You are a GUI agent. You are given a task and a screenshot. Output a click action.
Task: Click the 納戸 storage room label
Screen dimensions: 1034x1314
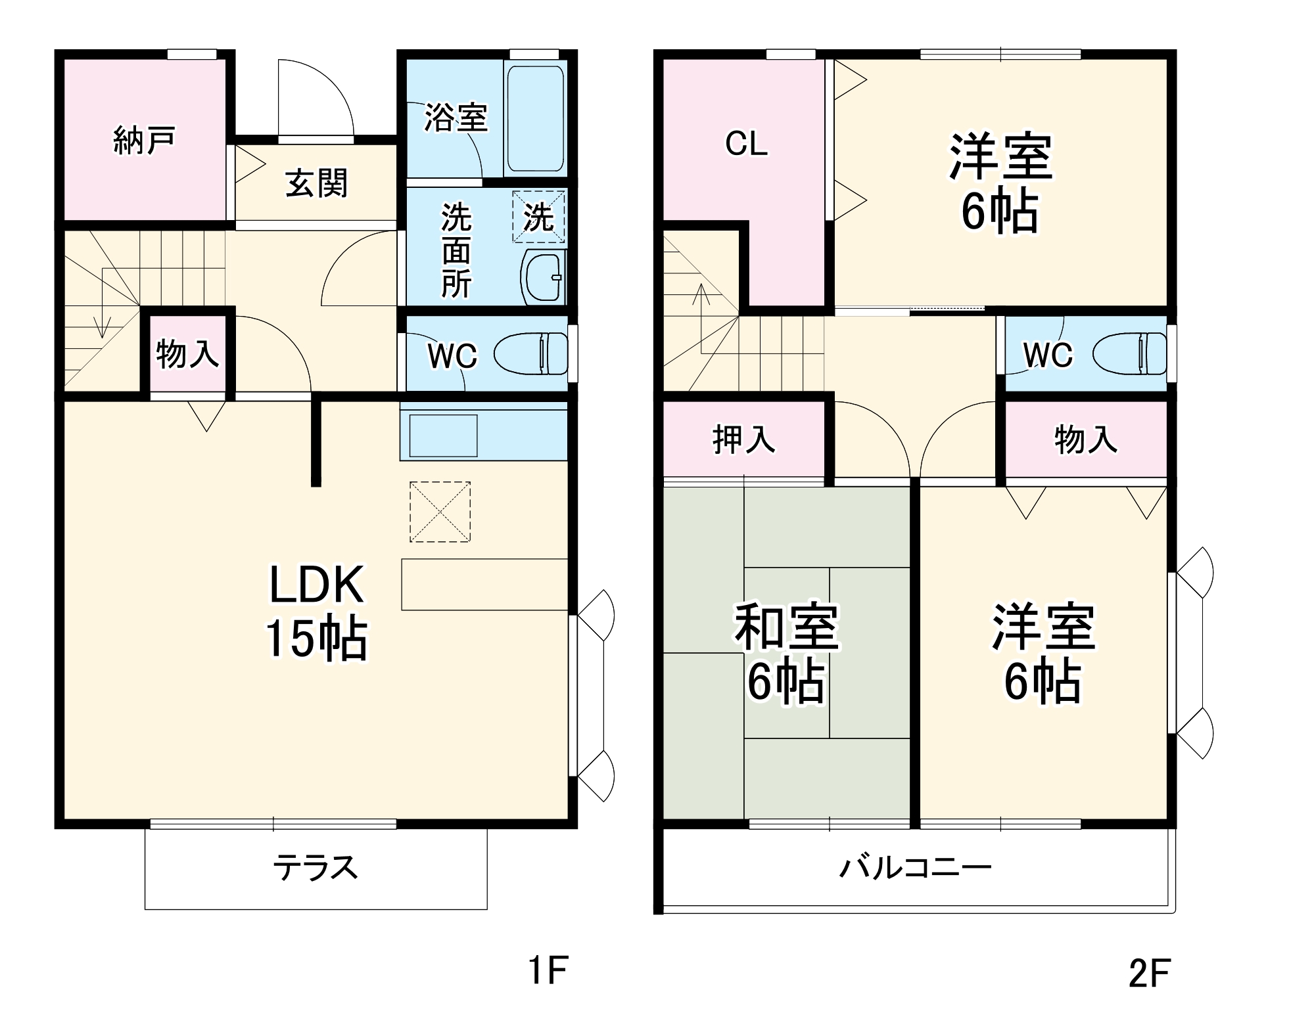[144, 141]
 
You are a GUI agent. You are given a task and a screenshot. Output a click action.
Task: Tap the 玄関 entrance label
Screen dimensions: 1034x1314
[316, 183]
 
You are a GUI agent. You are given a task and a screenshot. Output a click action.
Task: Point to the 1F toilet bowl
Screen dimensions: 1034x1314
[530, 354]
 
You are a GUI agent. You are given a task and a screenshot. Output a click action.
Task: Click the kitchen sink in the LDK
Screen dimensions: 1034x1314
[443, 436]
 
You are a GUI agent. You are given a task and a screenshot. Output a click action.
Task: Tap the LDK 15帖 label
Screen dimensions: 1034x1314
[316, 612]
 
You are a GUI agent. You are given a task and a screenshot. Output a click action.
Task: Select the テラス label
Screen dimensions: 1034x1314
[316, 868]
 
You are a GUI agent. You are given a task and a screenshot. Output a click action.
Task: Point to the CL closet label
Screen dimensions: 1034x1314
[746, 143]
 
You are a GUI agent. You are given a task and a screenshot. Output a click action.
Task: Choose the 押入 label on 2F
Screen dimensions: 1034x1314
[743, 439]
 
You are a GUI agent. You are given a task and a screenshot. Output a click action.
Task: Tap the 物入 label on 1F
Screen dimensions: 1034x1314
[187, 354]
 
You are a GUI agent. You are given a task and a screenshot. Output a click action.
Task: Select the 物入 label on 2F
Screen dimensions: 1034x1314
[1085, 439]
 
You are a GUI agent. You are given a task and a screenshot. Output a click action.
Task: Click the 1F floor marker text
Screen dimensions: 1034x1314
[548, 970]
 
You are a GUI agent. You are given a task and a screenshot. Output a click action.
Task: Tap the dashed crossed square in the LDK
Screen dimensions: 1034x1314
[440, 512]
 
